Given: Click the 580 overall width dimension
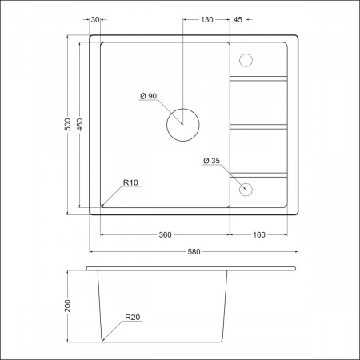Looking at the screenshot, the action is click(x=194, y=252).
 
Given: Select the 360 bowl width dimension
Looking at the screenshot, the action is click(x=165, y=235).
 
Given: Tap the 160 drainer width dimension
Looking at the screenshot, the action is click(x=259, y=235).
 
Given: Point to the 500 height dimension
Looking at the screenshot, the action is click(x=68, y=124).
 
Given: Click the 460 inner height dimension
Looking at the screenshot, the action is click(x=80, y=124).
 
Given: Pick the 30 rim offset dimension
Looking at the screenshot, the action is click(x=95, y=20).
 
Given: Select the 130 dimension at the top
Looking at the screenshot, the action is click(x=207, y=20).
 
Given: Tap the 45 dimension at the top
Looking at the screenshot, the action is click(x=238, y=20).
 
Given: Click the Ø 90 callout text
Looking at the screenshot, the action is click(x=149, y=96).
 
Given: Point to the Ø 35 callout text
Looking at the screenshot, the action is click(x=211, y=161).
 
